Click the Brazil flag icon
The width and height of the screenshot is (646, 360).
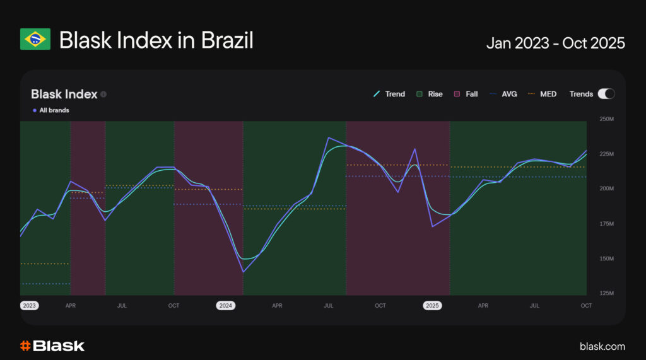pos(35,40)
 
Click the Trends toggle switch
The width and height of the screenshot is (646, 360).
pos(606,94)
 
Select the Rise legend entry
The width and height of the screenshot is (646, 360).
pos(429,94)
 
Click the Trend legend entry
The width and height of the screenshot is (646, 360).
pos(389,94)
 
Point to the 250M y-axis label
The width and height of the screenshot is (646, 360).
pos(606,119)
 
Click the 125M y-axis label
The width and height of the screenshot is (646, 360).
pos(606,294)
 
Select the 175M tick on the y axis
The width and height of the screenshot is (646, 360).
pos(606,224)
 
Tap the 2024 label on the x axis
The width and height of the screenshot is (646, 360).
pos(225,306)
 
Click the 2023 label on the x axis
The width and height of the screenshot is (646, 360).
pos(29,306)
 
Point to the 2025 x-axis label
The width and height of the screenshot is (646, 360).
pos(432,306)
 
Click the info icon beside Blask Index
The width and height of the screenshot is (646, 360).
pos(103,95)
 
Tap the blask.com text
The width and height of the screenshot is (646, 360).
pos(602,346)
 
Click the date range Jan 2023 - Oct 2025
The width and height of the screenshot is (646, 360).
pos(555,43)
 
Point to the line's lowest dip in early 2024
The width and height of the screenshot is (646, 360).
pos(243,272)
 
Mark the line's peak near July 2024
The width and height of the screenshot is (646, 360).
pos(329,137)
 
